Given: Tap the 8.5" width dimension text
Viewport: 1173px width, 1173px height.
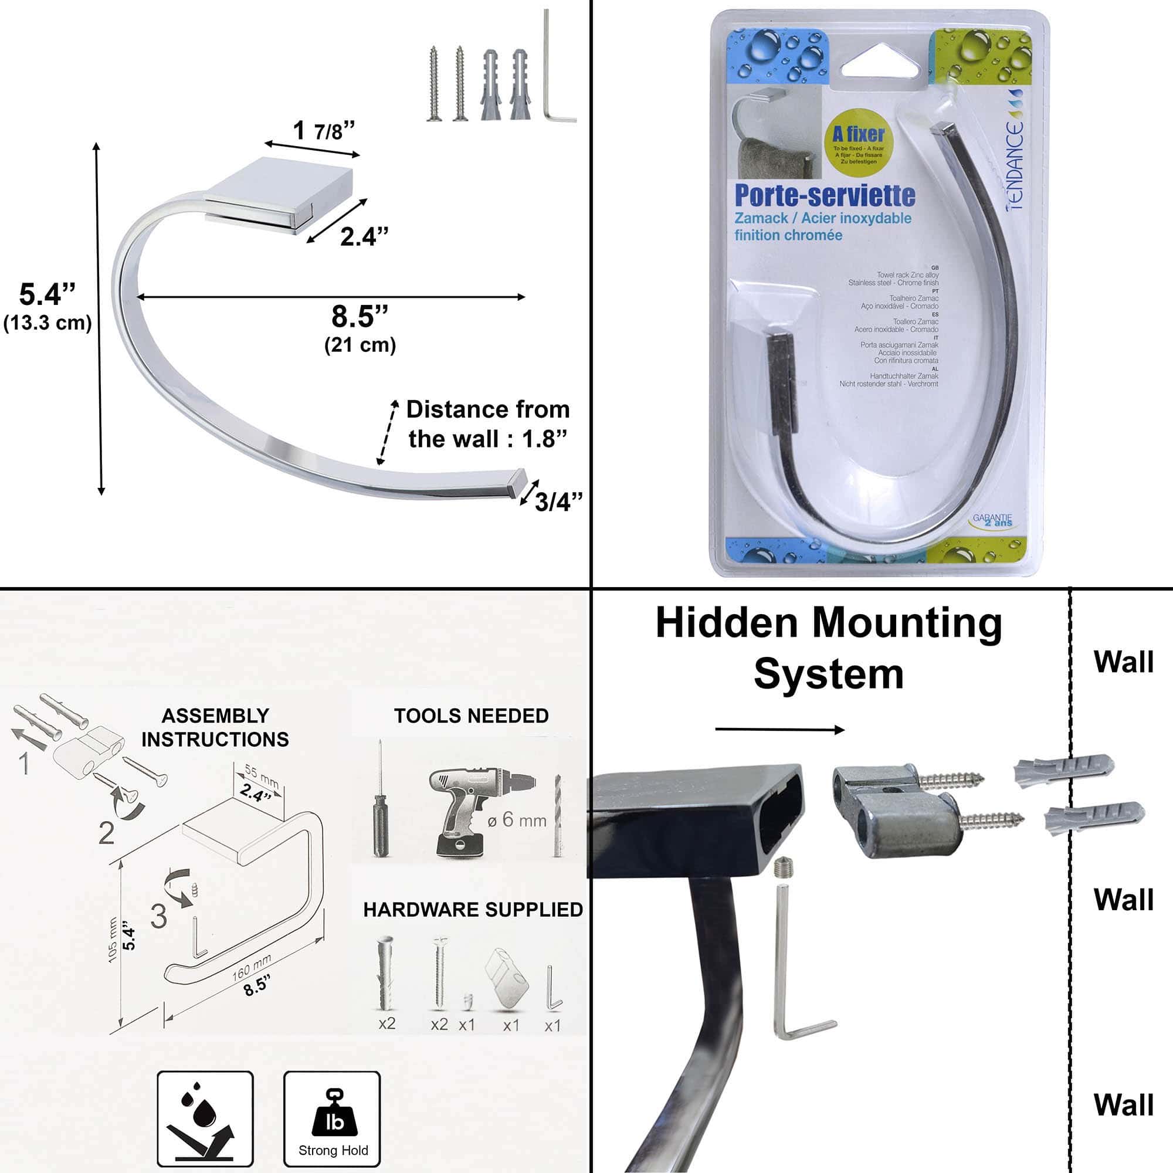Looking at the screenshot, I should [360, 317].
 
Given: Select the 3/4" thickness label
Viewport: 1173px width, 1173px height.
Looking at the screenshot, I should [558, 501].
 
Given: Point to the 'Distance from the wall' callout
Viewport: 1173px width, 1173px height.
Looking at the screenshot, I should [487, 424].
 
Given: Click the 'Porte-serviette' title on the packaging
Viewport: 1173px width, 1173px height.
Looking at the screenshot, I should [825, 195].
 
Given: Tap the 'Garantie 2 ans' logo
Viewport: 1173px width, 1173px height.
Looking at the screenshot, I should [994, 520].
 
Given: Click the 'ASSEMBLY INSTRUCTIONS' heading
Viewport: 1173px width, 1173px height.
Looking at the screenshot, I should [215, 727].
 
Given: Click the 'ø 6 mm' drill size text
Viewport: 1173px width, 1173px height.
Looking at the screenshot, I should [517, 821].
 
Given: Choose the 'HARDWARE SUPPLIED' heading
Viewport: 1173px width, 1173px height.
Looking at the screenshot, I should [473, 910].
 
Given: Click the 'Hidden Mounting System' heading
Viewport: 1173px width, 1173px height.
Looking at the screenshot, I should [829, 649].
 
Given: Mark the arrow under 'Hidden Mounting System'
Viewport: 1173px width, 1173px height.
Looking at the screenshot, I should [779, 729].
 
